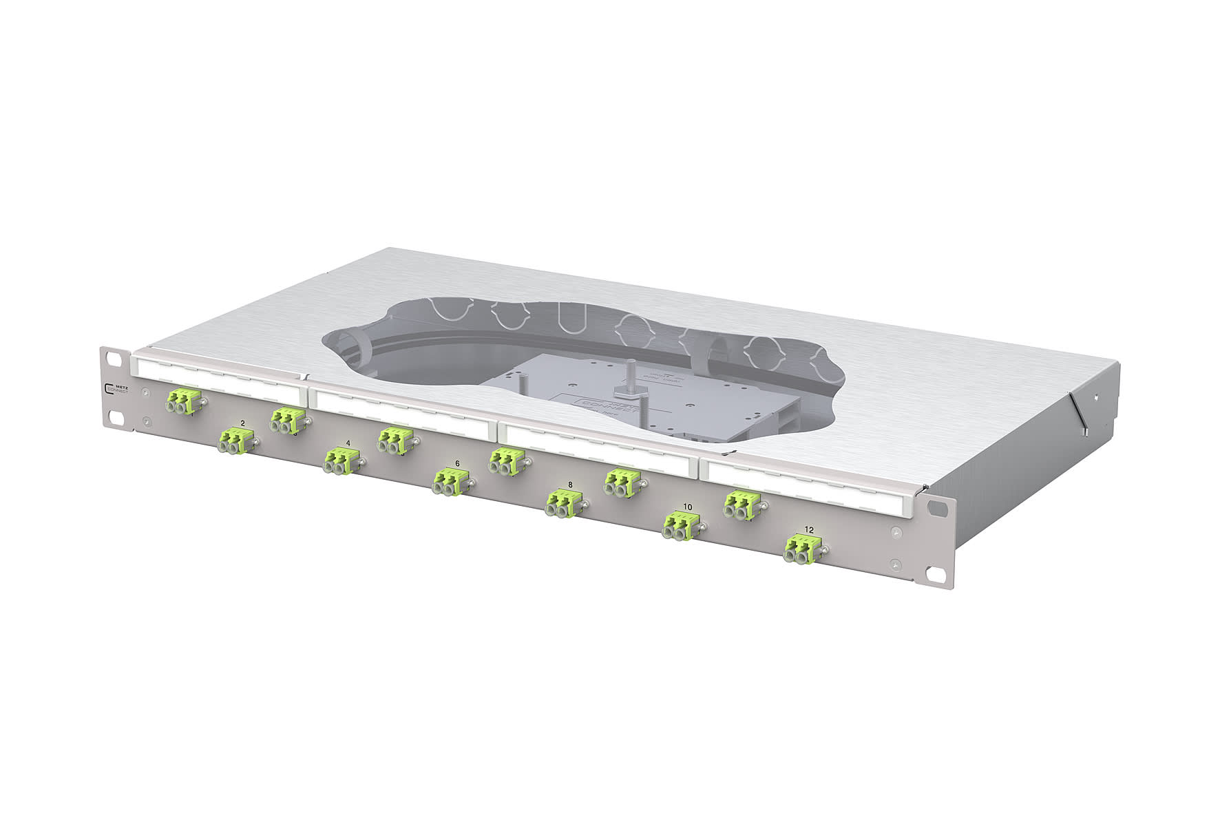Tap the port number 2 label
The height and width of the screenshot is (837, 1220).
(x=242, y=422)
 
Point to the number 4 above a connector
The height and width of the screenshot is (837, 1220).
(x=348, y=443)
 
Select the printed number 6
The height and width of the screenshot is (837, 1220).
(x=456, y=463)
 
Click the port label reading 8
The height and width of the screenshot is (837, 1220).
(x=570, y=485)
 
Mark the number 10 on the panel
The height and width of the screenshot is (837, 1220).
(x=687, y=507)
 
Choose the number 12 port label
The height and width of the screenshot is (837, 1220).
(x=809, y=531)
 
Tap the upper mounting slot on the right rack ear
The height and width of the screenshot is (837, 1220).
(x=936, y=508)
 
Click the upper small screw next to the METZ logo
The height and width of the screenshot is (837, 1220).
(x=145, y=392)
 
